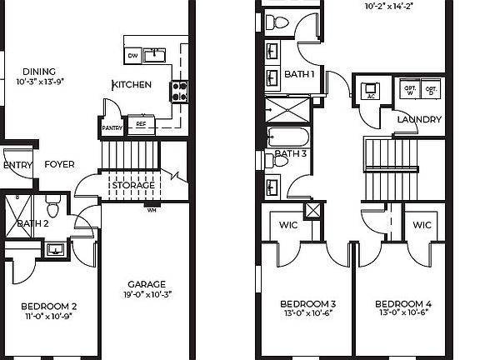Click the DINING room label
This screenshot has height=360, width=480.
40,72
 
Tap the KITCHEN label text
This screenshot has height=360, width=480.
132,85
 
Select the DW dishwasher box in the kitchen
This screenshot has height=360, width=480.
132,56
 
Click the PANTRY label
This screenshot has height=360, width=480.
112,128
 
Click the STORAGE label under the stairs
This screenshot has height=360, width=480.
133,185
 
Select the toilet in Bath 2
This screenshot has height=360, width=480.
52,203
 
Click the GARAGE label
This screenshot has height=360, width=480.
147,283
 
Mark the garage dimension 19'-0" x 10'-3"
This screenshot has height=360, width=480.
147,294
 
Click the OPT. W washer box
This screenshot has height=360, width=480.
409,89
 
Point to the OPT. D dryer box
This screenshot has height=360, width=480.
431,89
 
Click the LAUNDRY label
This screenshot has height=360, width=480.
418,120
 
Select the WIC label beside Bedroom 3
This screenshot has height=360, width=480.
287,226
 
